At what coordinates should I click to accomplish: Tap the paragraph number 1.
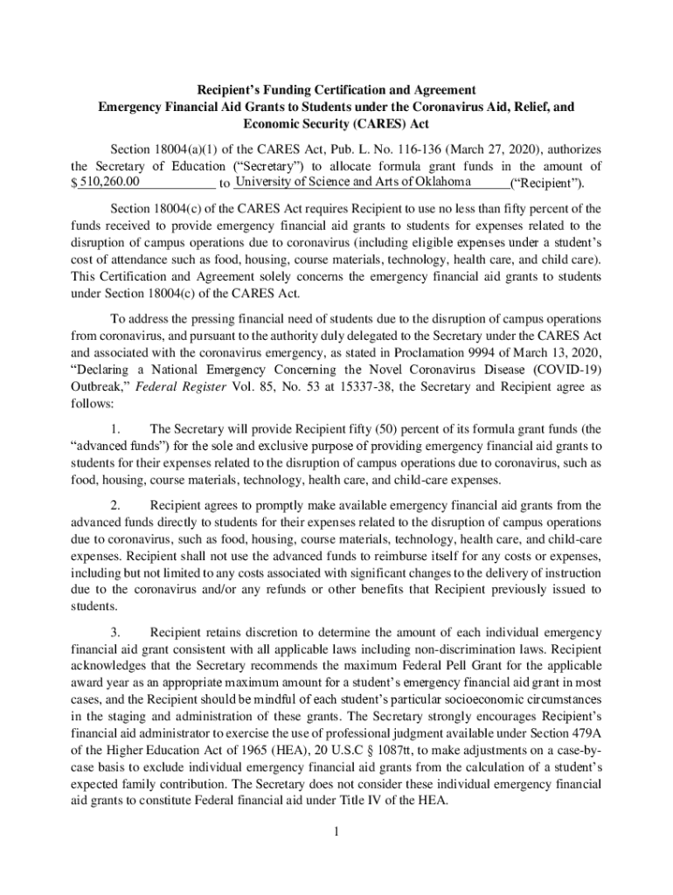115,429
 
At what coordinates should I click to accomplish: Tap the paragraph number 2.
115,505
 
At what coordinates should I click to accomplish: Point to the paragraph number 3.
115,632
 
